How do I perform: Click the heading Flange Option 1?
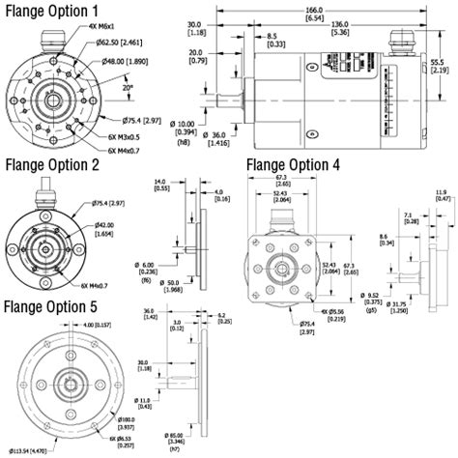click(x=52, y=11)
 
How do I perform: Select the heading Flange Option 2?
click(x=52, y=165)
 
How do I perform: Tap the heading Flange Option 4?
click(x=294, y=165)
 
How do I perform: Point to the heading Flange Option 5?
click(x=52, y=308)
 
